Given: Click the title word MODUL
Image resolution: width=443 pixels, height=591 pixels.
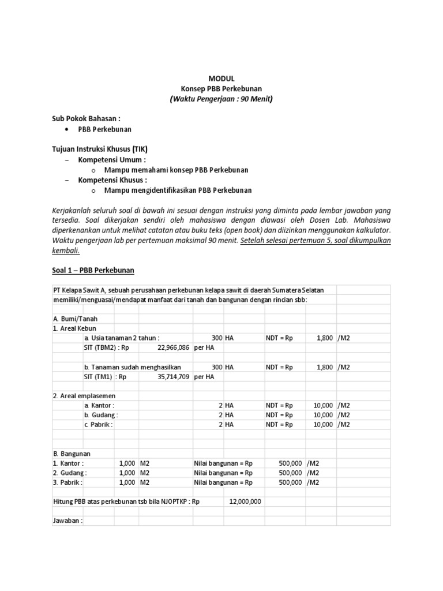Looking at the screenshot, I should pos(221,78).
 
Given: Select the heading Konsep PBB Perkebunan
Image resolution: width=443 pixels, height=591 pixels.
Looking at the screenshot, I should pos(221,88).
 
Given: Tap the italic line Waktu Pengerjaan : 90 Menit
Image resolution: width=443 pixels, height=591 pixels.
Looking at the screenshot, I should pos(221,99).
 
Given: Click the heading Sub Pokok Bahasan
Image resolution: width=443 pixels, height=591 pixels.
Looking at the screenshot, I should pos(86,118).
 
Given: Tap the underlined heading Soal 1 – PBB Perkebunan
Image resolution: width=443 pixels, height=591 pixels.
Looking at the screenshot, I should pos(93,270).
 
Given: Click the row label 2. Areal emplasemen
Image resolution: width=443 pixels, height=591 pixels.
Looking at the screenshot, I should pos(84,396).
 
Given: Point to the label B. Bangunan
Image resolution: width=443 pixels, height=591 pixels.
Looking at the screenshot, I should pos(72,454).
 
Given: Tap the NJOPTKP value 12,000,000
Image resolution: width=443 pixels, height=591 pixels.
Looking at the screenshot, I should pos(245,502).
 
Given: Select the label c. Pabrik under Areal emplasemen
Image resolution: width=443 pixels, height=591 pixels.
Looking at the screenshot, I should pos(99,425).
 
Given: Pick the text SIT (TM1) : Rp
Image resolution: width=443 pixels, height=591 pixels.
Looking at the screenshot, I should pos(105,376).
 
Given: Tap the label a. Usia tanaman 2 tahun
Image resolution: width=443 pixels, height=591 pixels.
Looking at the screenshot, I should pos(122,338).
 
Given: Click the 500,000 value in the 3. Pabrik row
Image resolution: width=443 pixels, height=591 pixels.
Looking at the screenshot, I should pos(290,482).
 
